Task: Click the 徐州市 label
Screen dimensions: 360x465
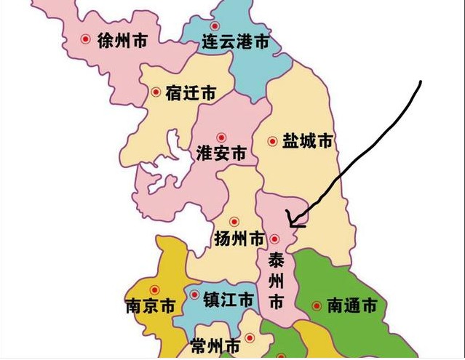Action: point(122,41)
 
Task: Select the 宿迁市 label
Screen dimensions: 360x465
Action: point(191,93)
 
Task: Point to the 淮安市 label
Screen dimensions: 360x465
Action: point(221,154)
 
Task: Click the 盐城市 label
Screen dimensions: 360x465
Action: point(307,141)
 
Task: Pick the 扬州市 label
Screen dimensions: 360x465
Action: point(239,239)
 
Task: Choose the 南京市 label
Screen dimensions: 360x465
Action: point(150,305)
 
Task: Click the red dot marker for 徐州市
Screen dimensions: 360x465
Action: point(86,40)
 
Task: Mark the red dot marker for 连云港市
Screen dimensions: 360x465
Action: point(215,26)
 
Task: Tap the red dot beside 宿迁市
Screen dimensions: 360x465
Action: point(156,92)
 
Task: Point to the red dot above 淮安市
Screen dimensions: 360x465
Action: point(222,135)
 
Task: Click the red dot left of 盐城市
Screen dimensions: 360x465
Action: point(273,141)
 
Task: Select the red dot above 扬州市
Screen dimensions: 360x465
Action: point(234,221)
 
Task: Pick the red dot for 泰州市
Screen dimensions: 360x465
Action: point(275,239)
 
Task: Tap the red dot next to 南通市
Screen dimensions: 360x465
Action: point(317,306)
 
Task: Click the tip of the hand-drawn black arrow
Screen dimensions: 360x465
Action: point(289,216)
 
